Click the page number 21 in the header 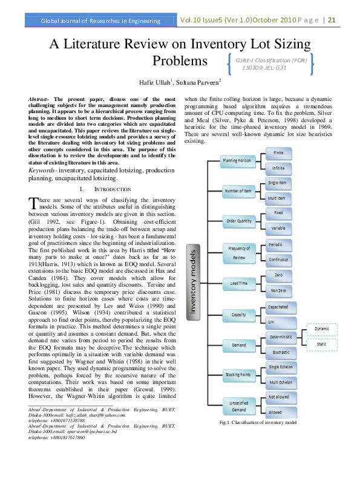332,20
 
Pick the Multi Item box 278,198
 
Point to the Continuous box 278,259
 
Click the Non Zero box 278,290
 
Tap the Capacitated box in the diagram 278,307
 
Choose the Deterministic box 280,337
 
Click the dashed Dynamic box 322,328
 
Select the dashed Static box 322,344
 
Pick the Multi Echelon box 280,383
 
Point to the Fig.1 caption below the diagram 258,422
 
